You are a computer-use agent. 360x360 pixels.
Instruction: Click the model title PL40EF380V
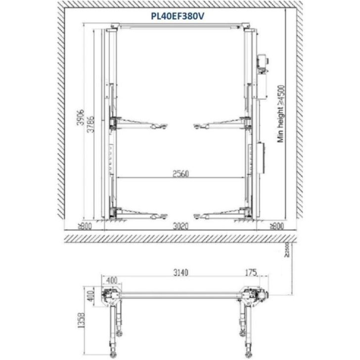tap(177, 16)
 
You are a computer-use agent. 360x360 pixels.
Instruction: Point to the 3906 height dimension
tap(81, 118)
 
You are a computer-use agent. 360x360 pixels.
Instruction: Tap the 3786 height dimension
tap(91, 124)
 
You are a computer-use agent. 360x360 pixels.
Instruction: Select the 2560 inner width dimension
tap(180, 174)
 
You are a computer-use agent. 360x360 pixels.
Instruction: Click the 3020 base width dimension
tap(180, 226)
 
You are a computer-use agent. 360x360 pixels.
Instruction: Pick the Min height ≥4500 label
tap(281, 114)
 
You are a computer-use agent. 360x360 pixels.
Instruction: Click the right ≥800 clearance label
tap(277, 226)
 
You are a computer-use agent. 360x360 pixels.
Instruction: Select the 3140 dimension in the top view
tap(180, 273)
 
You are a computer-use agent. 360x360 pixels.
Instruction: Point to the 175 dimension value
tap(251, 273)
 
